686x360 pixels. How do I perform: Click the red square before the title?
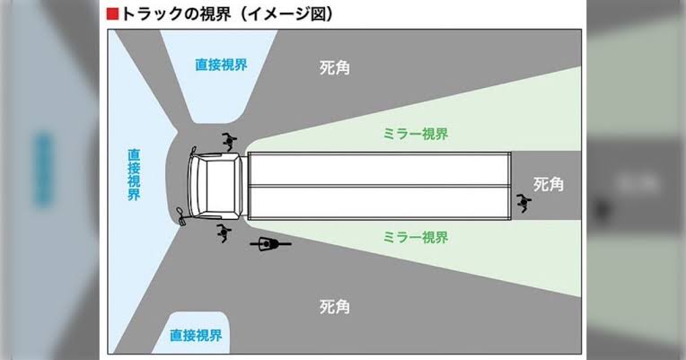click(x=112, y=14)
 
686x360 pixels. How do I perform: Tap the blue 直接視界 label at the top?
click(x=221, y=65)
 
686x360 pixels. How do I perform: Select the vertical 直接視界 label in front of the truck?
click(x=134, y=174)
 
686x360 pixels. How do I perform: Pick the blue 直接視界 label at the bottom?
click(x=196, y=336)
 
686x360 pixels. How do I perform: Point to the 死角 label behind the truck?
click(x=548, y=184)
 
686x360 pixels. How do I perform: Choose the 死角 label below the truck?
click(x=334, y=307)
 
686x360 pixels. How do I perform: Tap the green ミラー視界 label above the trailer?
click(x=416, y=135)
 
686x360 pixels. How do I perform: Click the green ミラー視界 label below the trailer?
click(x=416, y=238)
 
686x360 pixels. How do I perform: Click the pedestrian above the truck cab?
click(x=228, y=141)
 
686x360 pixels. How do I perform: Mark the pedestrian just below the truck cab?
click(x=223, y=233)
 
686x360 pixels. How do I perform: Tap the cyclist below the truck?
click(x=270, y=243)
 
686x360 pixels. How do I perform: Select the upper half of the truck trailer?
click(x=379, y=169)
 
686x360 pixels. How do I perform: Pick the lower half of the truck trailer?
click(x=379, y=203)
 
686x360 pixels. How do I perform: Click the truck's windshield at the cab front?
click(x=195, y=186)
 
